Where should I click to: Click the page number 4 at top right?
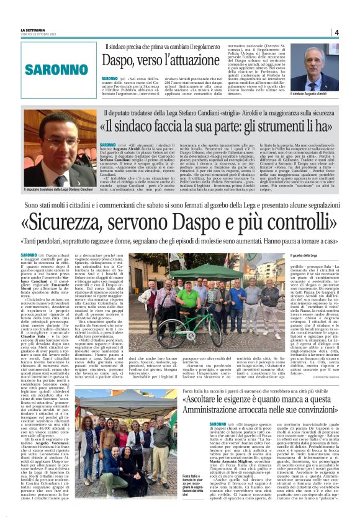pos(336,32)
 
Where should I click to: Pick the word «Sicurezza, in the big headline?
pos(65,222)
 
